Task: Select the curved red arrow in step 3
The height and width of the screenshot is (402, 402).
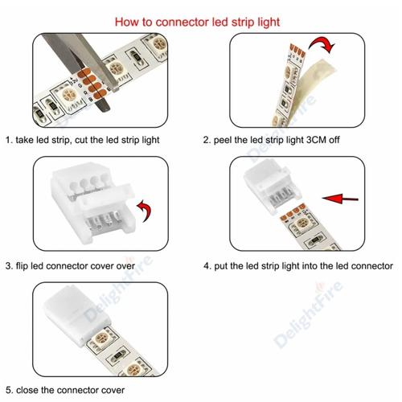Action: click(x=145, y=210)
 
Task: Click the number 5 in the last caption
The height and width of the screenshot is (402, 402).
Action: click(x=8, y=390)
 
